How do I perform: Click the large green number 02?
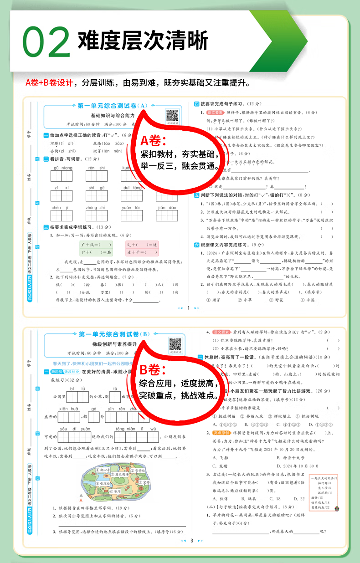pyautogui.click(x=46, y=42)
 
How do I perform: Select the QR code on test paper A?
pyautogui.click(x=172, y=115)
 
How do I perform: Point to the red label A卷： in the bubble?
pyautogui.click(x=153, y=140)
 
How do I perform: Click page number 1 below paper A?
pyautogui.click(x=188, y=308)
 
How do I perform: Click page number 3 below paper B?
pyautogui.click(x=192, y=541)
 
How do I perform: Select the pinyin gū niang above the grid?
pyautogui.click(x=62, y=168)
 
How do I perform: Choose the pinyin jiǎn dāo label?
pyautogui.click(x=167, y=208)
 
